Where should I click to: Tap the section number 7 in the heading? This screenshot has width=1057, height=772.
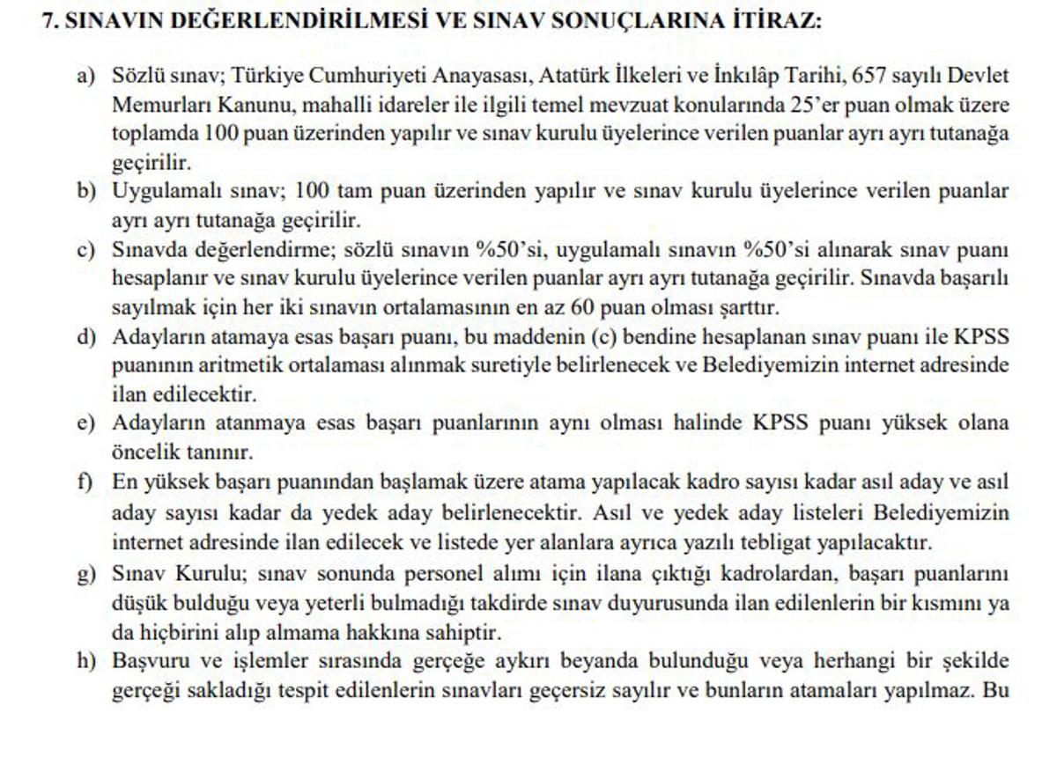(48, 20)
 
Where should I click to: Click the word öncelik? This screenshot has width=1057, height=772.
(144, 452)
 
